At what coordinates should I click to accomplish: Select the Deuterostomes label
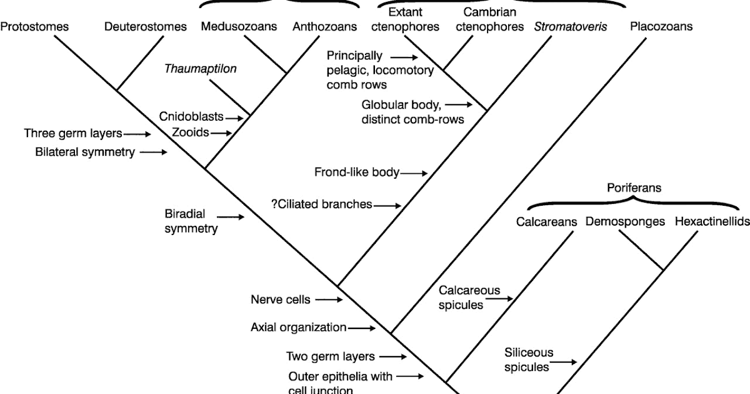(146, 27)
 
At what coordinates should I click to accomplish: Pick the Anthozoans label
(324, 27)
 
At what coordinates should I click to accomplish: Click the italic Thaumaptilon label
(200, 69)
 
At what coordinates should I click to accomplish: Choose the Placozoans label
(661, 27)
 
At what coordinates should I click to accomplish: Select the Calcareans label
(546, 221)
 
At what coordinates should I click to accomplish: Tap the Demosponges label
(625, 221)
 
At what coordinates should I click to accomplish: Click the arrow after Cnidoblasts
(233, 118)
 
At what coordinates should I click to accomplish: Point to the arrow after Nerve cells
(329, 300)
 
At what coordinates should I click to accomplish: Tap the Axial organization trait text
(298, 327)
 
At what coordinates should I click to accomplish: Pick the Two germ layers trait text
(331, 356)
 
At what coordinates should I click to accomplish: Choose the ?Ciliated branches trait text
(321, 204)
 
